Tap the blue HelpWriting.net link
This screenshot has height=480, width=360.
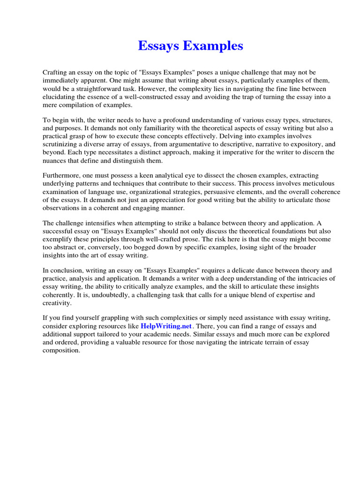[x=165, y=326]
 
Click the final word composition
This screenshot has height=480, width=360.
[x=61, y=350]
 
